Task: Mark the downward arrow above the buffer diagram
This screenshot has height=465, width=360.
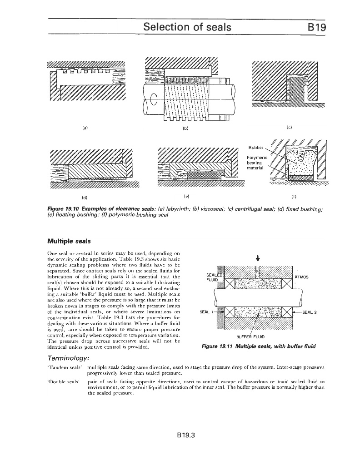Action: click(x=258, y=260)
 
